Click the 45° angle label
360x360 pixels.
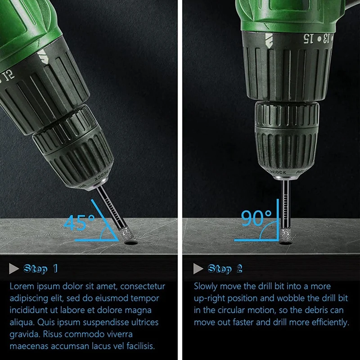click(79, 222)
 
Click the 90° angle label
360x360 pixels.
click(256, 218)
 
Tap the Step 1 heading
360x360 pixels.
click(40, 269)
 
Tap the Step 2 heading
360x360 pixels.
click(225, 269)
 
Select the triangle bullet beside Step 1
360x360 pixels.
click(13, 269)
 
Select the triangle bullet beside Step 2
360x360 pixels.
click(198, 269)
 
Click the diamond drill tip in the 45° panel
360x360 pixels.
click(125, 234)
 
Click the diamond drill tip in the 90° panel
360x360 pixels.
click(285, 235)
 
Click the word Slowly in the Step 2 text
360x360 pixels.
click(206, 287)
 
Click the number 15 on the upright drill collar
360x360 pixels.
click(308, 38)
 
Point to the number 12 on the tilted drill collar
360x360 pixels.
click(9, 76)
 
